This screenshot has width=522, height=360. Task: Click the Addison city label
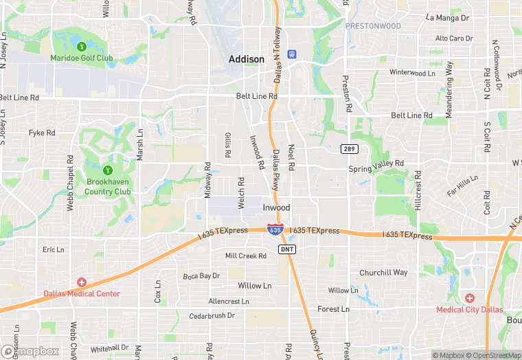[246, 59]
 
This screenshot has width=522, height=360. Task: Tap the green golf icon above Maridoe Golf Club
[81, 47]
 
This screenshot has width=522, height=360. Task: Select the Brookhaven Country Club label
[108, 187]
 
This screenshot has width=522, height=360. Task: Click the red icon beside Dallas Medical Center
[82, 282]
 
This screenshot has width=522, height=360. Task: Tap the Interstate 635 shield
[274, 230]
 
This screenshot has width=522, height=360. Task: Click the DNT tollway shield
[287, 249]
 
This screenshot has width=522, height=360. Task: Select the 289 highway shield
[348, 149]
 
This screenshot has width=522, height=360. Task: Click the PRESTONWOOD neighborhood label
[372, 25]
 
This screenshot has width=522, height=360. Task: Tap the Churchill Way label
[383, 272]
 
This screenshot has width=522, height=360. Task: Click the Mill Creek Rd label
[245, 256]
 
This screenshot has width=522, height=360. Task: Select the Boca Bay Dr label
[201, 275]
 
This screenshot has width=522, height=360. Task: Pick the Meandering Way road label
[449, 89]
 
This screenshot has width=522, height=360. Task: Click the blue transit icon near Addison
[291, 53]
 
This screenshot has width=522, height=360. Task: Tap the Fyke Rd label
[42, 132]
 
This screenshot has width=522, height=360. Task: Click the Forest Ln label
[333, 309]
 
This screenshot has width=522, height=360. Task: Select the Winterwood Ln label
[412, 72]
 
